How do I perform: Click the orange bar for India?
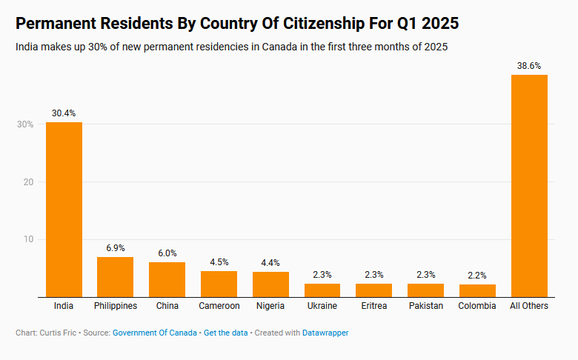point(64,209)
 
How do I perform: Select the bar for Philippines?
point(115,277)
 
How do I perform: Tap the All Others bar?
point(529,185)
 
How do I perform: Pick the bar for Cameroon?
point(219,284)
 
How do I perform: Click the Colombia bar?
point(477,290)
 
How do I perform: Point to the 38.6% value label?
point(529,66)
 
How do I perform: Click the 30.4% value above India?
point(64,113)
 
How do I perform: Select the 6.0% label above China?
point(167,253)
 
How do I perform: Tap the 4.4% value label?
point(270,263)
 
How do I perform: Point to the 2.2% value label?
point(477,276)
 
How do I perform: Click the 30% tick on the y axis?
point(25,124)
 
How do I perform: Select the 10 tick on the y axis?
point(28,239)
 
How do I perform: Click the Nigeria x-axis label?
point(270,306)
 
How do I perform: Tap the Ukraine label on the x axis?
point(322,306)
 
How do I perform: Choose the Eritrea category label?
point(373,306)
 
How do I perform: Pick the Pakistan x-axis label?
point(425,306)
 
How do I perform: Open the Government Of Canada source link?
point(154,333)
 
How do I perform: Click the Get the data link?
point(225,333)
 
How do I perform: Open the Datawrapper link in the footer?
point(325,333)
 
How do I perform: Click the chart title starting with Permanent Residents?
point(237,24)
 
